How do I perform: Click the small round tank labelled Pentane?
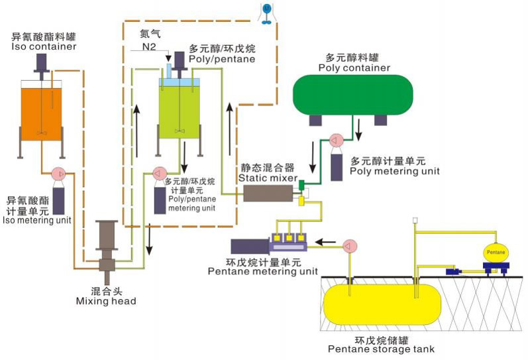(496, 253)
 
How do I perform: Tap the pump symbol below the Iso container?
(58, 174)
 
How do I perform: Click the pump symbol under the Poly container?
(335, 141)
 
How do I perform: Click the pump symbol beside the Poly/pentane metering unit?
(158, 173)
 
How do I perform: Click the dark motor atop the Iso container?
(41, 62)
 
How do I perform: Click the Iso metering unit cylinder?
(59, 200)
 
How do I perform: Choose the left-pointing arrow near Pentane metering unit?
(324, 241)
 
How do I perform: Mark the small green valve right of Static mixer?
(301, 184)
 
